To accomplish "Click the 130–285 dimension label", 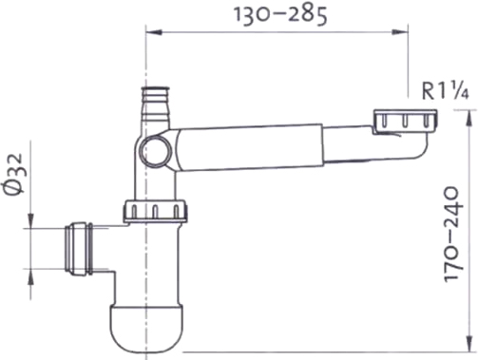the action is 280,15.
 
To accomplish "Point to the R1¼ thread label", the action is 445,91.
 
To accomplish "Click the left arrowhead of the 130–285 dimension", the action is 154,32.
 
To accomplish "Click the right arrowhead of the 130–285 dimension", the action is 400,32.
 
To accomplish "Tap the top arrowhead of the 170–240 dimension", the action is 468,118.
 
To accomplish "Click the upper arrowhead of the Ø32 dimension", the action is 30,220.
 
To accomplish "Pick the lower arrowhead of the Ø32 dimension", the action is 30,276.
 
